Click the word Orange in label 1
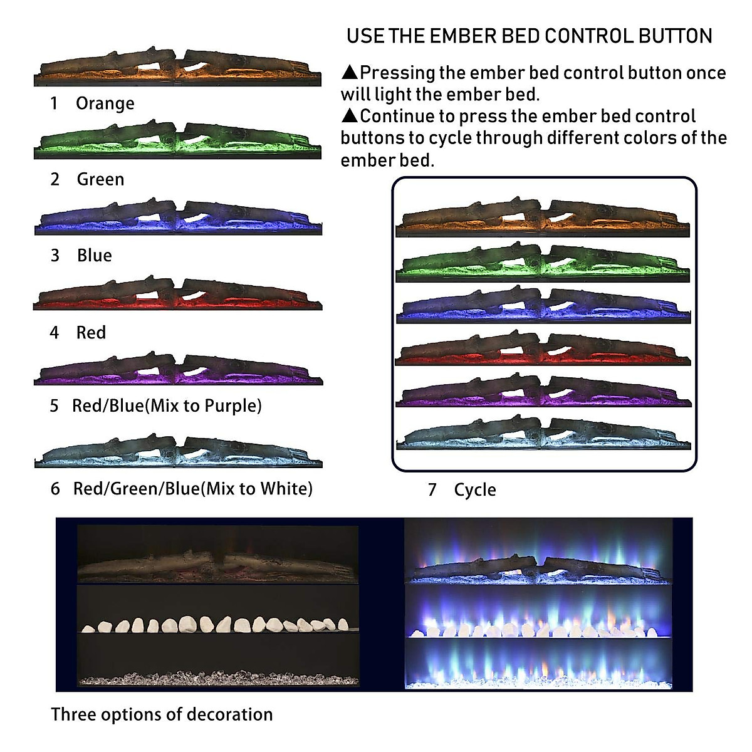105,103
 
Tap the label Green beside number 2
100,180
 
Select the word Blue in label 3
95,256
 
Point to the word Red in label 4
91,333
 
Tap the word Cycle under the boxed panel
475,490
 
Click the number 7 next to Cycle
432,490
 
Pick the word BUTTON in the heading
676,36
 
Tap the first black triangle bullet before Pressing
349,72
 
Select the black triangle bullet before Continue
349,116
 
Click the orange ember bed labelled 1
177,67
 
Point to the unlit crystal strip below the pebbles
218,679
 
